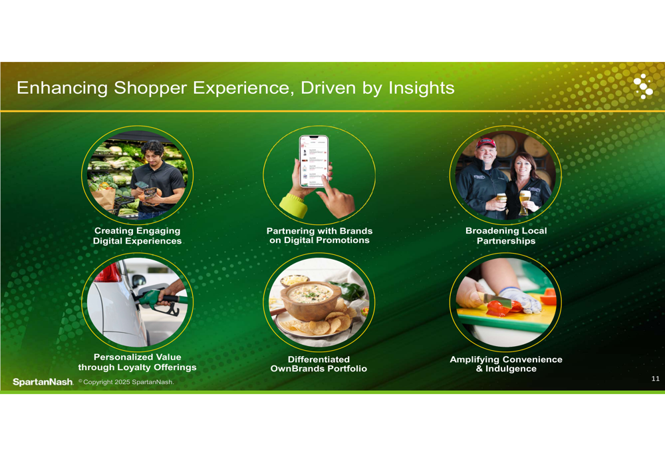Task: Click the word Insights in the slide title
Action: coord(421,88)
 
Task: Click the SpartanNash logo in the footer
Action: coord(43,381)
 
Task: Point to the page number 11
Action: coord(655,378)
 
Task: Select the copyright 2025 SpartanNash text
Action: coord(126,381)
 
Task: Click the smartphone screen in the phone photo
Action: coord(314,161)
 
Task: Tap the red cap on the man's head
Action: coord(485,142)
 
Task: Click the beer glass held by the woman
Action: coord(525,202)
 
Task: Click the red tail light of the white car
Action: coord(108,272)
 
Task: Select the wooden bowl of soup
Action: coord(311,300)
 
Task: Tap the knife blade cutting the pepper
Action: coord(497,300)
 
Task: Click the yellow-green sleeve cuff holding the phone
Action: coord(293,206)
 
